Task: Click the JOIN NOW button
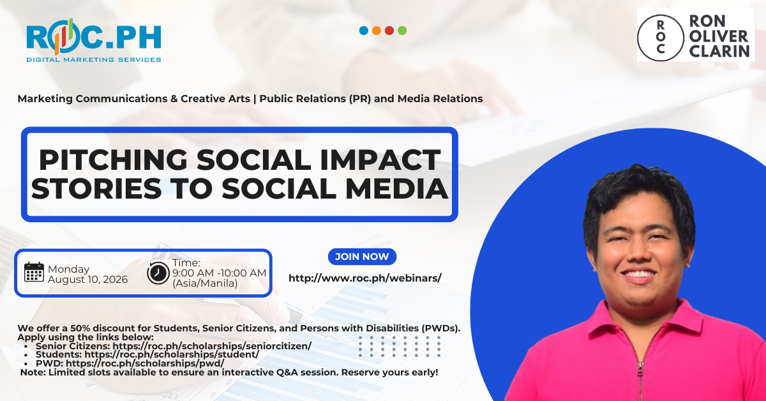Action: coord(362,257)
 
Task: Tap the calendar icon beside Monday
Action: coord(34,273)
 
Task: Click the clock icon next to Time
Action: coord(158,273)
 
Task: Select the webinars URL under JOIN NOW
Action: coord(365,278)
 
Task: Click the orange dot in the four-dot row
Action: coord(377,31)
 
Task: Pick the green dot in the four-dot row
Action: coord(402,31)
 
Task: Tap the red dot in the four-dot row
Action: coord(389,31)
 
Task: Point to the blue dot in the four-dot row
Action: coord(364,31)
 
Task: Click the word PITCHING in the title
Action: coord(113,160)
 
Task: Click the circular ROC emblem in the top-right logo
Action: coord(661,38)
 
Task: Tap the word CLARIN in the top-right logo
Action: coord(719,51)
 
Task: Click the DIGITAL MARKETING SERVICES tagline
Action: coord(94,60)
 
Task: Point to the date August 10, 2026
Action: coord(88,280)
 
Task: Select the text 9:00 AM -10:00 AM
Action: coord(219,273)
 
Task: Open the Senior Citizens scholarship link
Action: coord(212,346)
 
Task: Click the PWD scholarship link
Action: coord(145,363)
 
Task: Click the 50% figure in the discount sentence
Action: coord(80,328)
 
